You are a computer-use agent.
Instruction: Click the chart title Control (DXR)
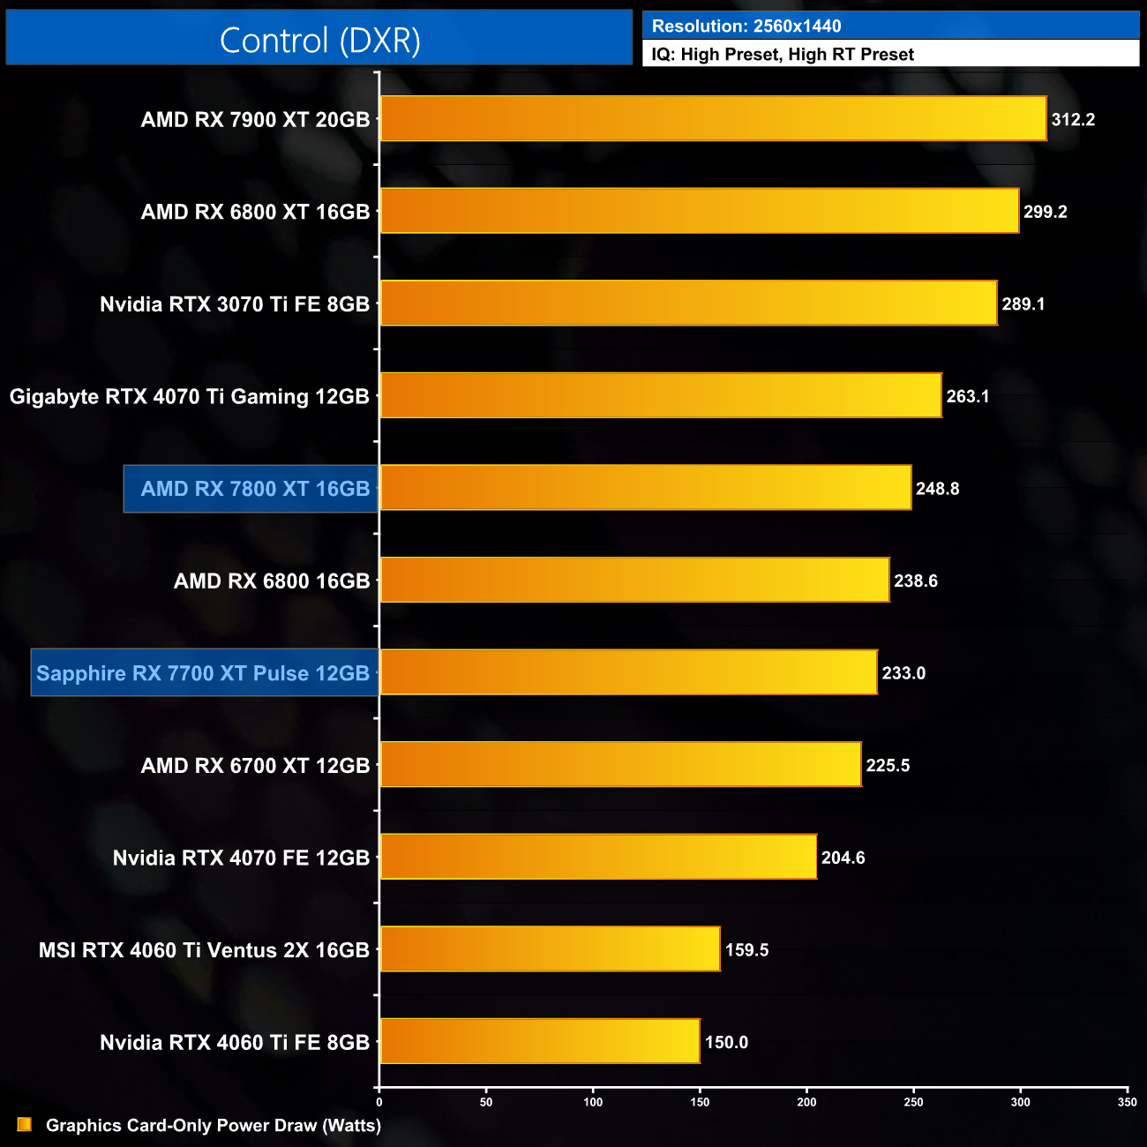[319, 41]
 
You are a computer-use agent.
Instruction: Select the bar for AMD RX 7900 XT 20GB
[713, 119]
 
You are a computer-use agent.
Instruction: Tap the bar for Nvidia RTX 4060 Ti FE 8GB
[539, 1042]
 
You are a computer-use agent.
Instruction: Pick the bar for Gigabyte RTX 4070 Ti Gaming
[660, 396]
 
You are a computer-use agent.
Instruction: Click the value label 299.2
[1045, 212]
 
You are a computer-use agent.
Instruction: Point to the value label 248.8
[937, 489]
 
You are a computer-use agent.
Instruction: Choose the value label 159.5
[746, 950]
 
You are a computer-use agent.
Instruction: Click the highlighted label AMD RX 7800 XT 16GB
[255, 489]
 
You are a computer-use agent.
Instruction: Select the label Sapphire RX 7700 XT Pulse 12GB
[203, 673]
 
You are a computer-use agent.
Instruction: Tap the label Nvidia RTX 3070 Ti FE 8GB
[235, 304]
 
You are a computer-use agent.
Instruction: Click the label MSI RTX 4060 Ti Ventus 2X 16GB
[204, 950]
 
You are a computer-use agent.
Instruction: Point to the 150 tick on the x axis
[700, 1102]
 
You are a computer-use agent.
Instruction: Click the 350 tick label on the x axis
[1127, 1102]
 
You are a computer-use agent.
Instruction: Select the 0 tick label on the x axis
[379, 1102]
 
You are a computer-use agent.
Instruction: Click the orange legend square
[25, 1125]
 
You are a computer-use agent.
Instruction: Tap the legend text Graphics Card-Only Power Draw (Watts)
[214, 1126]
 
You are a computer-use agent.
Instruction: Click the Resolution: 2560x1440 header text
[746, 26]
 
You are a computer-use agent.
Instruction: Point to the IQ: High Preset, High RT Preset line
[783, 55]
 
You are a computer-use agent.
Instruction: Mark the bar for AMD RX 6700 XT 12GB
[620, 765]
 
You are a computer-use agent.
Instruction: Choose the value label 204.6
[843, 858]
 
